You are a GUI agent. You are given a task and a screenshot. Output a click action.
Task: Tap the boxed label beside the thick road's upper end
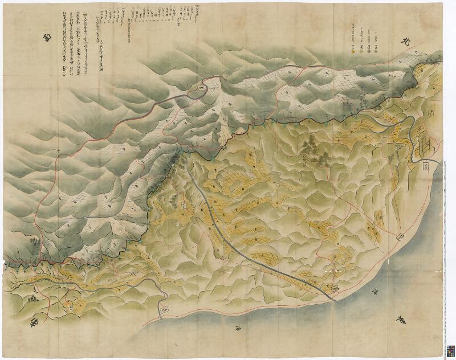coord(184,204)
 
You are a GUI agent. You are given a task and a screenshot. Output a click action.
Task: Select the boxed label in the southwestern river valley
coord(132,275)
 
